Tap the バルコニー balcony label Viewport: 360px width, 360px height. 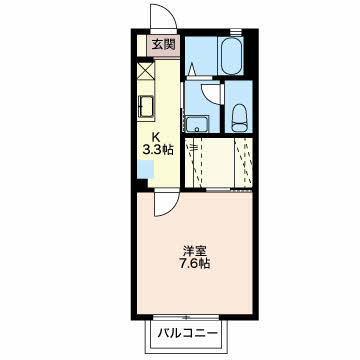coord(190,329)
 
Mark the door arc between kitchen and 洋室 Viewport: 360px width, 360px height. coord(160,202)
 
